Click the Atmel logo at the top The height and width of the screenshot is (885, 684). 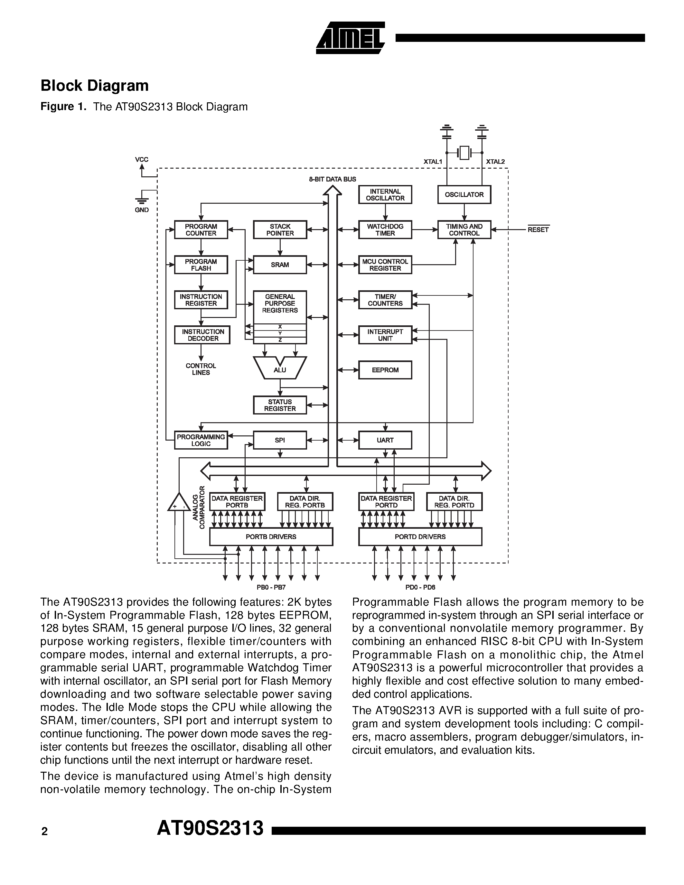click(x=350, y=38)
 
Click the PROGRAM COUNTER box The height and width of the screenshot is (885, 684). click(x=201, y=230)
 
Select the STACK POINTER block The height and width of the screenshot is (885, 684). click(x=280, y=230)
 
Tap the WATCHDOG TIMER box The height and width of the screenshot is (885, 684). click(x=385, y=230)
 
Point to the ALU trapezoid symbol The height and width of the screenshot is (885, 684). click(x=280, y=368)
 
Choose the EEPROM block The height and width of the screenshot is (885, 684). click(x=385, y=370)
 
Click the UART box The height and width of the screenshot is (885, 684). click(x=385, y=440)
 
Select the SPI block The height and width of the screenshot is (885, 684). click(x=280, y=440)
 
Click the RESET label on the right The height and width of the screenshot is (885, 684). click(x=538, y=230)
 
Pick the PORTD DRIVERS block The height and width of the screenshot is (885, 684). click(x=420, y=537)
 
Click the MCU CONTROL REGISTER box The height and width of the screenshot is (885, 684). click(x=385, y=265)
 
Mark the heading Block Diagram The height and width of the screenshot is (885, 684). click(x=94, y=86)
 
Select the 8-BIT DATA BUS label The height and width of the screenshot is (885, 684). click(x=332, y=179)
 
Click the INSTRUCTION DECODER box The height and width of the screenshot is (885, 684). click(x=202, y=335)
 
